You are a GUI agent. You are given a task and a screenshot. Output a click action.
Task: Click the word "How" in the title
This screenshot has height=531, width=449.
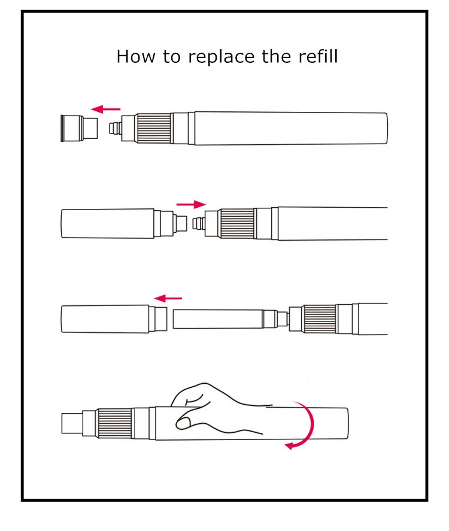pyautogui.click(x=132, y=57)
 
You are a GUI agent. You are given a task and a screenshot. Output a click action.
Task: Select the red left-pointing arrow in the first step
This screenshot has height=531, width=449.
pyautogui.click(x=105, y=109)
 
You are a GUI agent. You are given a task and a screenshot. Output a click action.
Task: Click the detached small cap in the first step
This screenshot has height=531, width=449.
pyautogui.click(x=79, y=128)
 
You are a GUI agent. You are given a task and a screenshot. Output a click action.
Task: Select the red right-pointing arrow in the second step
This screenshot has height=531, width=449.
pyautogui.click(x=190, y=204)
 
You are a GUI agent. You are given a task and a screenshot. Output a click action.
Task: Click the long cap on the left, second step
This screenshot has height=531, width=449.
pyautogui.click(x=108, y=223)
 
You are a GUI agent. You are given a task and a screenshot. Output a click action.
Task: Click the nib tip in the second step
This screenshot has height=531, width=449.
pyautogui.click(x=199, y=223)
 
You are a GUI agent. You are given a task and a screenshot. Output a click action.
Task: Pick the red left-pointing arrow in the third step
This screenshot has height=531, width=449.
pyautogui.click(x=168, y=298)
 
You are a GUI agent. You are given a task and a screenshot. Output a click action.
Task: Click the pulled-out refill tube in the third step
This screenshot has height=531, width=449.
pyautogui.click(x=218, y=318)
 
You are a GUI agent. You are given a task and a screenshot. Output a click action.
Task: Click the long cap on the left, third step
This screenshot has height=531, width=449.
pyautogui.click(x=105, y=318)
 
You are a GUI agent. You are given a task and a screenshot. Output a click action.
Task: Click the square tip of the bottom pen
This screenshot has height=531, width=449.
pyautogui.click(x=71, y=423)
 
